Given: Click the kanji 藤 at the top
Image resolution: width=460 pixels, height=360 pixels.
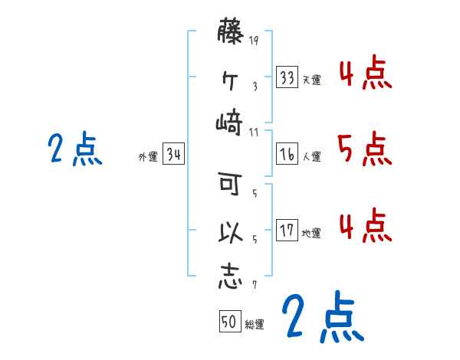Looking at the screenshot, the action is click(x=231, y=32).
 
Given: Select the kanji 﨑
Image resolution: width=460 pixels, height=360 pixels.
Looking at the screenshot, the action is click(x=230, y=122).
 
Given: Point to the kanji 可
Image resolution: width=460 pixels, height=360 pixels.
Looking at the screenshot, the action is click(x=230, y=184).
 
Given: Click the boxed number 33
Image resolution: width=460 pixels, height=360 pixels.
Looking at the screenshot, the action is click(x=287, y=77).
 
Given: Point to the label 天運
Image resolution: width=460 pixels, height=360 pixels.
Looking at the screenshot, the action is click(x=311, y=80).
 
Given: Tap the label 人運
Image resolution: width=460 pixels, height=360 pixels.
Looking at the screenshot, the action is click(x=311, y=156).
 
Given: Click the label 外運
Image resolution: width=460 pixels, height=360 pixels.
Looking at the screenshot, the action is click(x=148, y=157).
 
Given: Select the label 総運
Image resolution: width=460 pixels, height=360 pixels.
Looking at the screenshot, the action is click(x=255, y=324).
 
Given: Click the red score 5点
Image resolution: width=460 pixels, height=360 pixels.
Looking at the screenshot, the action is click(x=364, y=149).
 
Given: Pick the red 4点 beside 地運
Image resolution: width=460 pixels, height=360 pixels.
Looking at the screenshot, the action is click(x=364, y=225).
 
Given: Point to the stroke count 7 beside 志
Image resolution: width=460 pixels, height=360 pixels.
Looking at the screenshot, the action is click(x=254, y=285).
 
